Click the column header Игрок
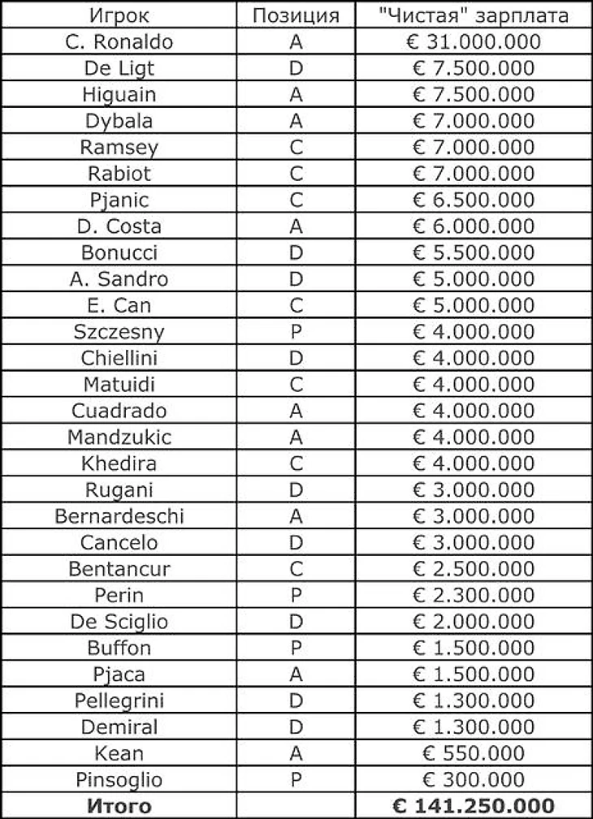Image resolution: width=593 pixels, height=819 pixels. [x=119, y=15]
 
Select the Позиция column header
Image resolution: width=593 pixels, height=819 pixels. [x=296, y=15]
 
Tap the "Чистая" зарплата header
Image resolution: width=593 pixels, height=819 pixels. [x=474, y=15]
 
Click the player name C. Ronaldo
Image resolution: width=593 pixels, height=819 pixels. [x=119, y=42]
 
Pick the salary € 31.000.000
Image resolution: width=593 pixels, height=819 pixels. [x=474, y=42]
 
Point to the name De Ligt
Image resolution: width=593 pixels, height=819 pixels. [x=119, y=68]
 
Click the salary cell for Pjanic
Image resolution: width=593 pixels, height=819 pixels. [x=474, y=200]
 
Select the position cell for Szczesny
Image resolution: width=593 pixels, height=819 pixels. [x=296, y=332]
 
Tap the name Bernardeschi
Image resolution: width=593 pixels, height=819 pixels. [x=119, y=516]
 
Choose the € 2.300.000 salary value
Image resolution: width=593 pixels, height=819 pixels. [x=474, y=596]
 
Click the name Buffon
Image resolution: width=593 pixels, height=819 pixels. [x=119, y=649]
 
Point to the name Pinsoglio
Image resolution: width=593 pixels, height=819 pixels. [x=119, y=780]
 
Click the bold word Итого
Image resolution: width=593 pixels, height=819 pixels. [x=119, y=806]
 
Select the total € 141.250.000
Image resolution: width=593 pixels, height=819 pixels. [x=474, y=806]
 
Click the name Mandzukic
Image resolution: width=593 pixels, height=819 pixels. [x=119, y=438]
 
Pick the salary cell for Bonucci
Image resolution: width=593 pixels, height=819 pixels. [x=474, y=252]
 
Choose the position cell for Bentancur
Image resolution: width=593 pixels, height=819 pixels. [x=296, y=569]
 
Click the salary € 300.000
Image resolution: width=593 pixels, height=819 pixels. [x=474, y=780]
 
